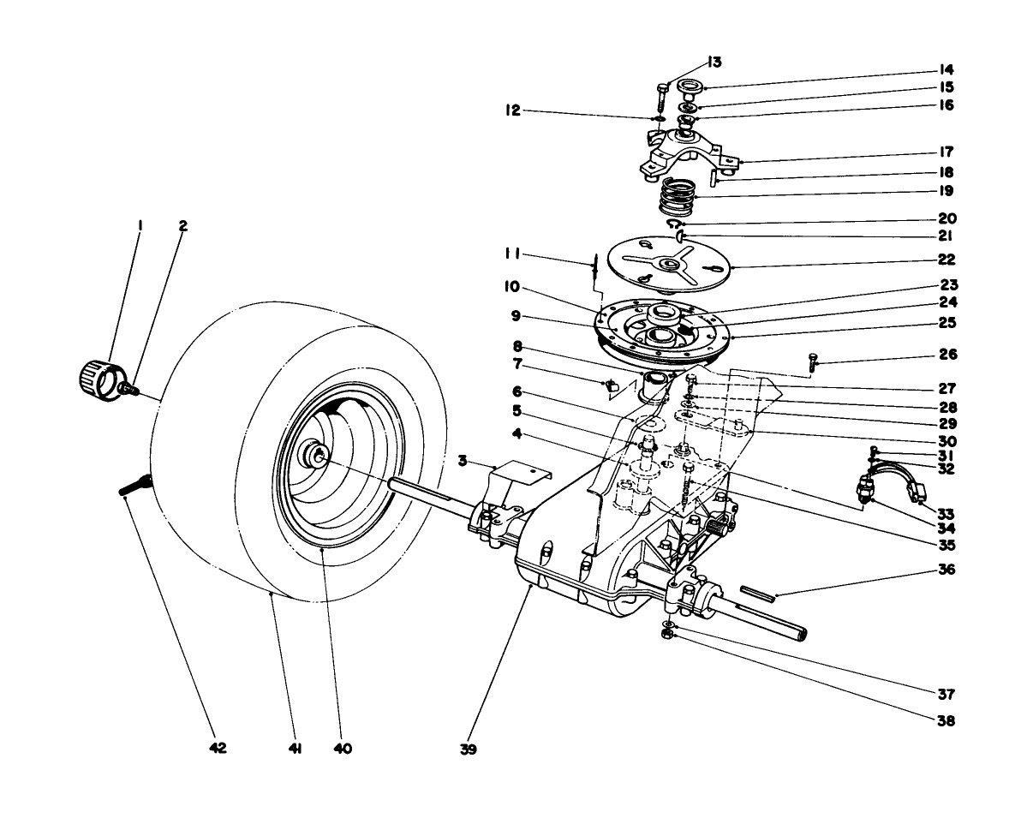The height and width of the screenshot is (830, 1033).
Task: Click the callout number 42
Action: click(218, 747)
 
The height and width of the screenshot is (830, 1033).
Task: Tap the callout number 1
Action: click(140, 226)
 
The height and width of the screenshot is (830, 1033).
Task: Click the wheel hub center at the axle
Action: click(318, 456)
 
